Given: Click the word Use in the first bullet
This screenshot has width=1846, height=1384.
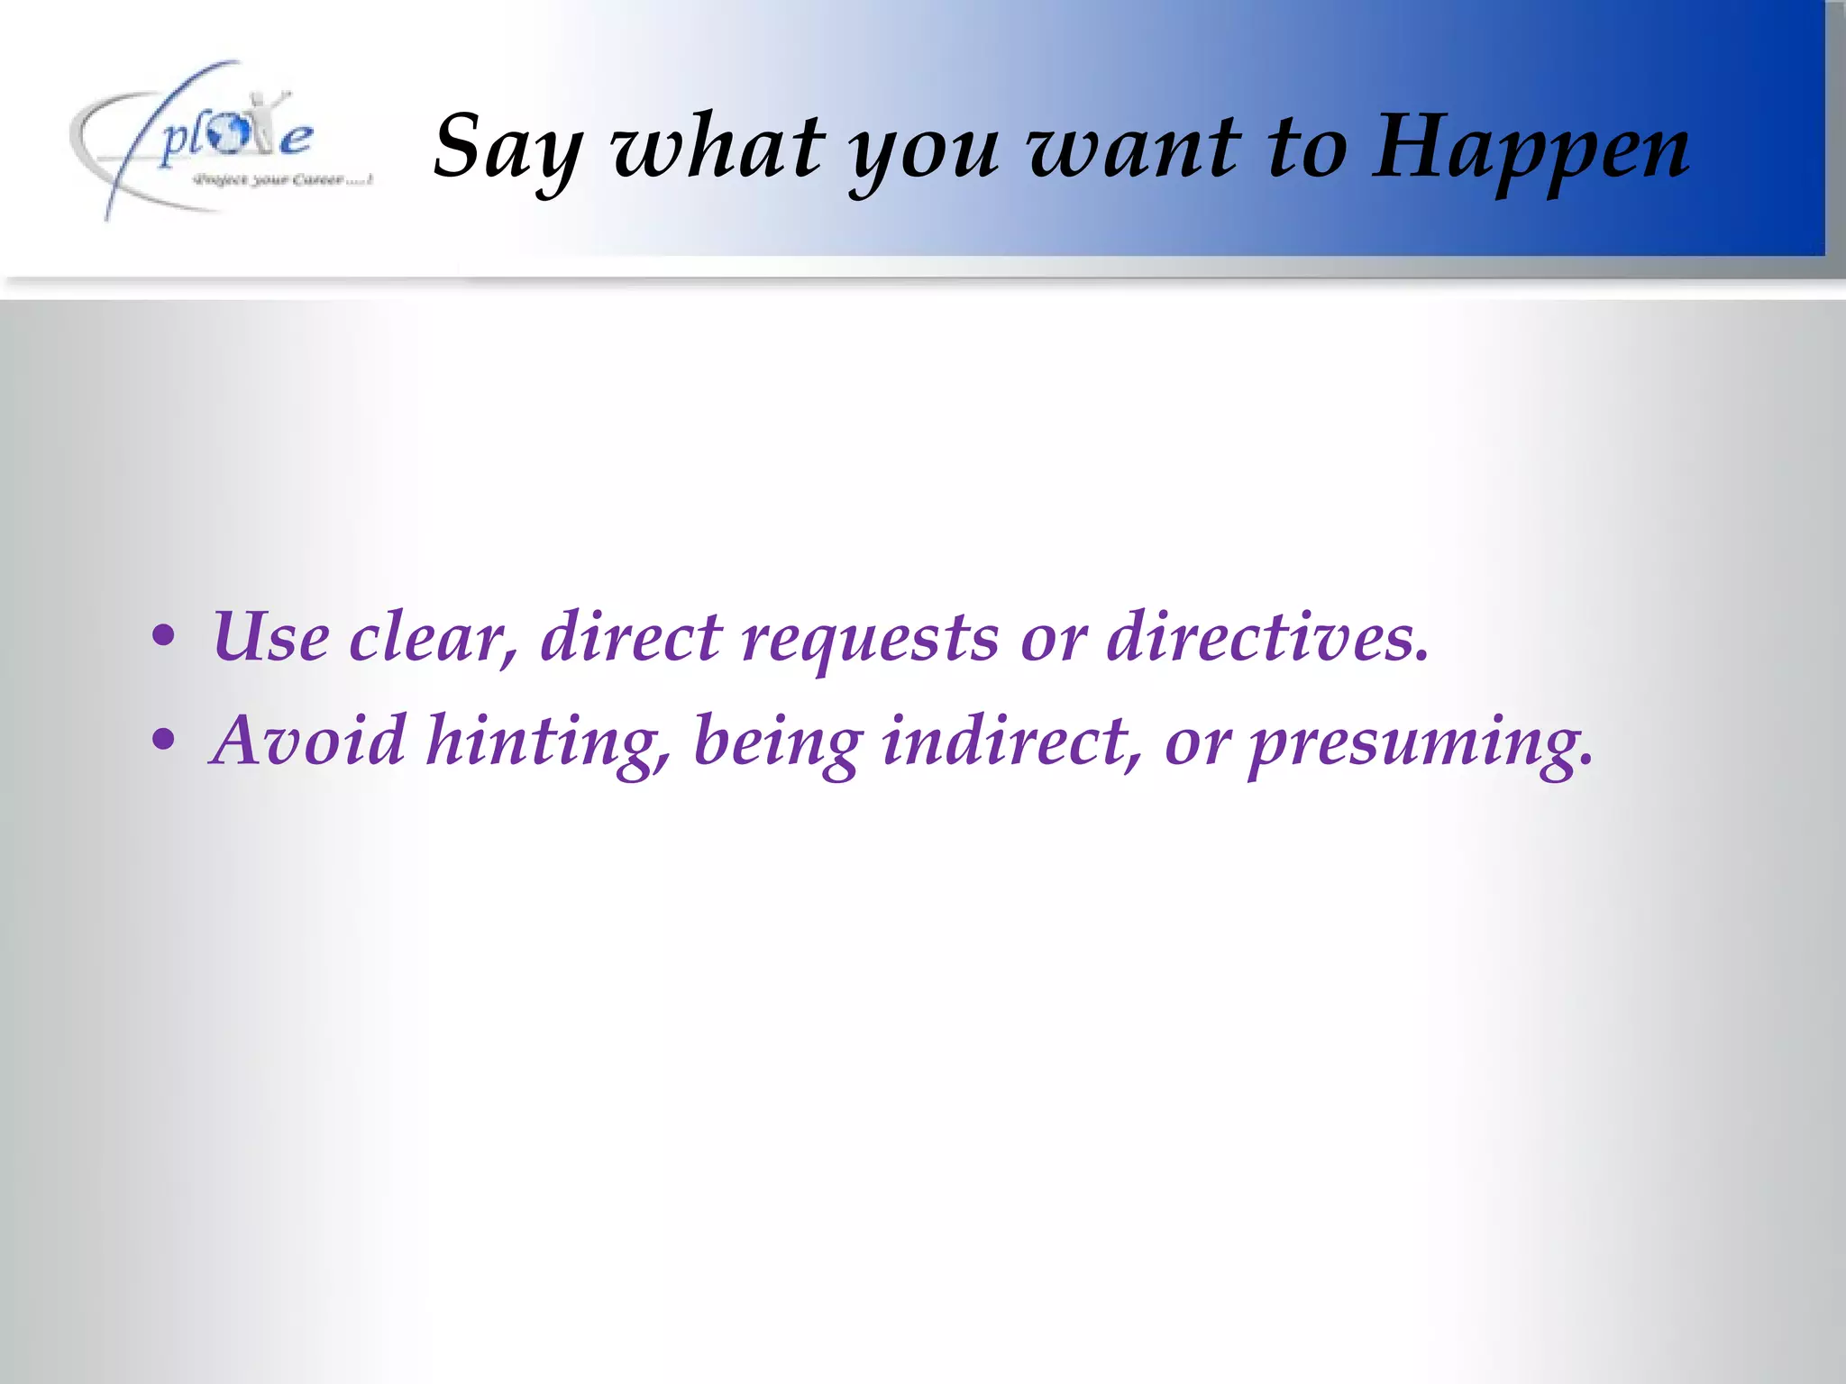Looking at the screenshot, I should tap(271, 637).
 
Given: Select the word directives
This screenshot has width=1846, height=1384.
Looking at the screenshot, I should tap(1267, 637).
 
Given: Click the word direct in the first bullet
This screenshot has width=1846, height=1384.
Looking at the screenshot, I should tap(631, 637).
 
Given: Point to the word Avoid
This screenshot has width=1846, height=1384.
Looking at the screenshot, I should tap(307, 741).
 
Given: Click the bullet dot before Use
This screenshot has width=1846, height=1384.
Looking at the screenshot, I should tap(163, 638).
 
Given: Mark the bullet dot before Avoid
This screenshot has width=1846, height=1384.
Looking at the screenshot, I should tap(163, 742).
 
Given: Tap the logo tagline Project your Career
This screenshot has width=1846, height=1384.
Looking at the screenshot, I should tap(282, 180).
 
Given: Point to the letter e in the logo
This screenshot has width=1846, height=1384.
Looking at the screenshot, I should tap(295, 139).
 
